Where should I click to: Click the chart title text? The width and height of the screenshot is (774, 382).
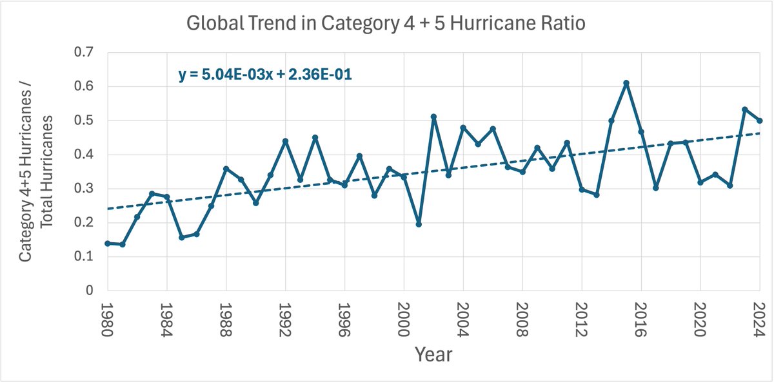pyautogui.click(x=386, y=24)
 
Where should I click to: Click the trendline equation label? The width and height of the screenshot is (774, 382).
pyautogui.click(x=264, y=75)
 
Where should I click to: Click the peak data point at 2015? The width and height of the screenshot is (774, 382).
pyautogui.click(x=626, y=82)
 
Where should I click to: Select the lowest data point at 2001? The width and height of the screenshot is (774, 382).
pyautogui.click(x=419, y=224)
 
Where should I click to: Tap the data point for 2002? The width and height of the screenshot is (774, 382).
pyautogui.click(x=433, y=117)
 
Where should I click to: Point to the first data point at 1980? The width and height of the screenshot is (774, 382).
pyautogui.click(x=108, y=244)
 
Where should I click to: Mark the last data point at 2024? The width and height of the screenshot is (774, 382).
pyautogui.click(x=760, y=120)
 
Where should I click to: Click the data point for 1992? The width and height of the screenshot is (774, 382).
pyautogui.click(x=285, y=141)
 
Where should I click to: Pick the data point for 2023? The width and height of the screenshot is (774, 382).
pyautogui.click(x=744, y=110)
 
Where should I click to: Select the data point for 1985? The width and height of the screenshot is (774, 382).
pyautogui.click(x=182, y=237)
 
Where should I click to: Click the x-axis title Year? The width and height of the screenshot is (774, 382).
pyautogui.click(x=433, y=354)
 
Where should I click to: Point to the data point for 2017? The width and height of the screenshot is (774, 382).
pyautogui.click(x=655, y=187)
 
